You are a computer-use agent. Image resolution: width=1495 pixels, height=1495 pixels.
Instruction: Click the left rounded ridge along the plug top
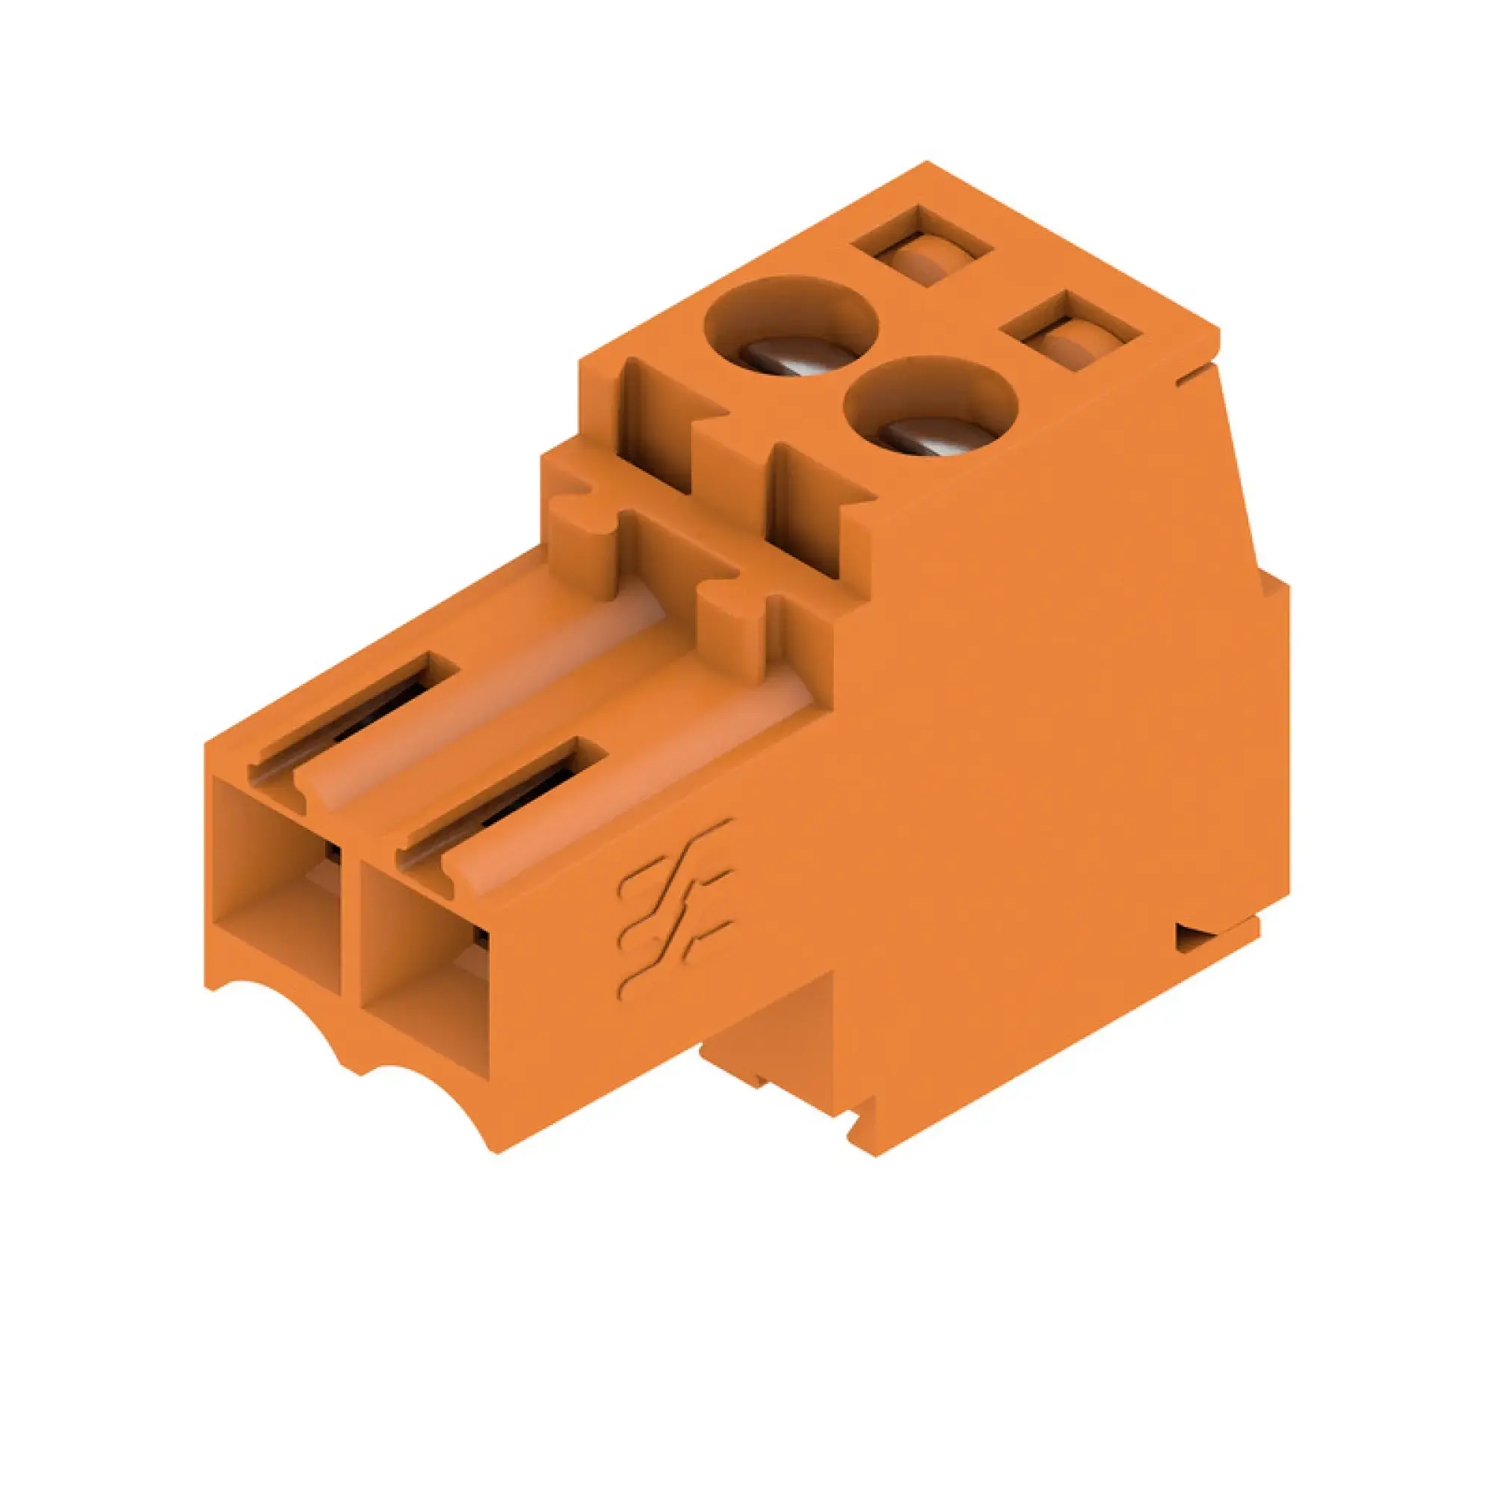click(x=480, y=697)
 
